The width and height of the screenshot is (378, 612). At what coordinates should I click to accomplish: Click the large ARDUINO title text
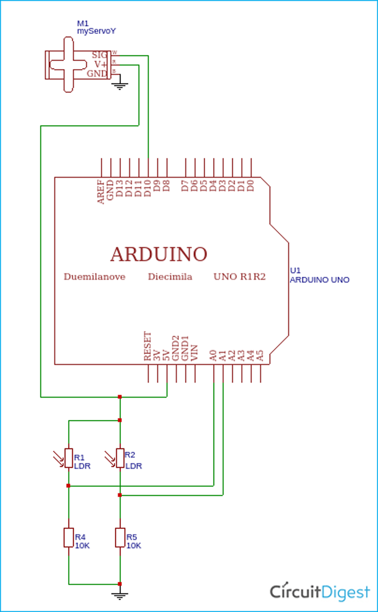tap(159, 254)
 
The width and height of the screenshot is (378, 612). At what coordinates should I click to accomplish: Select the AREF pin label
tap(101, 192)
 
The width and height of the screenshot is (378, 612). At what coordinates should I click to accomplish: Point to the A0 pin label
tap(213, 355)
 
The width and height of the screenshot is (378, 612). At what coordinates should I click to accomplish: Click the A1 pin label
tap(223, 355)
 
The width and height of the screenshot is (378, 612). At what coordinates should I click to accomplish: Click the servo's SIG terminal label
tap(99, 54)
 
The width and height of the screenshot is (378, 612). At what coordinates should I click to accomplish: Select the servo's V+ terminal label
tap(100, 64)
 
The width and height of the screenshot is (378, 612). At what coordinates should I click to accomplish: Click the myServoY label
tap(96, 31)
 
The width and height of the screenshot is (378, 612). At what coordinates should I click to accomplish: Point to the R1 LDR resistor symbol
tap(69, 458)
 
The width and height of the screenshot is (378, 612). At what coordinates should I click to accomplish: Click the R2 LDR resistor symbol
tap(120, 458)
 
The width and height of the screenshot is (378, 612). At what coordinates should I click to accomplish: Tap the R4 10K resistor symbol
tap(69, 537)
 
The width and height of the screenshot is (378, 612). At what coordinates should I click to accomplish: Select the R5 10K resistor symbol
tap(120, 537)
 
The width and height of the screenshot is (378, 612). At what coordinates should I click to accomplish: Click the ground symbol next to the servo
tap(120, 86)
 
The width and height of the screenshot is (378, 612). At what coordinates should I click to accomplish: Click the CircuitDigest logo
tap(320, 592)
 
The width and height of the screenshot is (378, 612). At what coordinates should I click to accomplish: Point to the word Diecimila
tap(170, 277)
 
